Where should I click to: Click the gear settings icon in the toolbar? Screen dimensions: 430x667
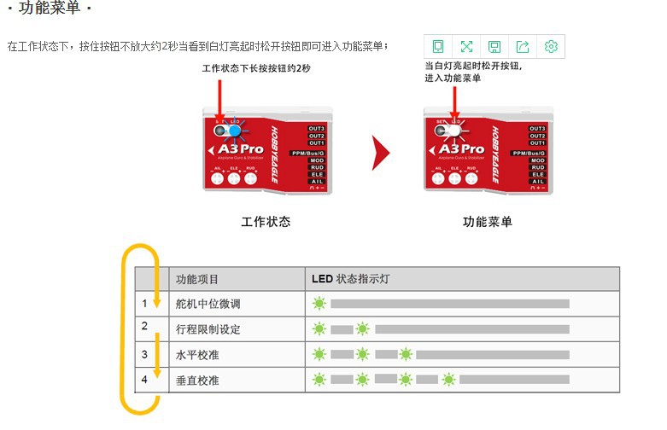click(x=551, y=46)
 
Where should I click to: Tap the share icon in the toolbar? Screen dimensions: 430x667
click(x=523, y=46)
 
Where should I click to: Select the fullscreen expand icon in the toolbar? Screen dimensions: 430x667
click(x=466, y=46)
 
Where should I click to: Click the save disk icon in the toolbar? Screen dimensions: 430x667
click(x=494, y=46)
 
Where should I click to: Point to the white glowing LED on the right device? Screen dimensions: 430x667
click(x=455, y=131)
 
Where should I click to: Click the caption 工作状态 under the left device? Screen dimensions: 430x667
click(x=266, y=222)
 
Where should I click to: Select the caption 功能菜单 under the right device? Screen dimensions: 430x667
click(x=488, y=222)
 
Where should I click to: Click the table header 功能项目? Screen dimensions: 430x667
click(x=197, y=279)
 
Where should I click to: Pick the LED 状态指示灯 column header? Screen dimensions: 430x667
click(x=352, y=279)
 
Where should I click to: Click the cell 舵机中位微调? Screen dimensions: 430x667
click(x=208, y=304)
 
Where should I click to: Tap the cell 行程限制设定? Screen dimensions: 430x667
click(x=208, y=328)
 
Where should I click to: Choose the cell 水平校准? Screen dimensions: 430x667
click(x=197, y=354)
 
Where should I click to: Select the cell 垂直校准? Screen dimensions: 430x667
click(x=197, y=380)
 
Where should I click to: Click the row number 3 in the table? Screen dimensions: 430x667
click(x=145, y=353)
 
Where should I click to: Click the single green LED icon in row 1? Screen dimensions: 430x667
click(x=319, y=303)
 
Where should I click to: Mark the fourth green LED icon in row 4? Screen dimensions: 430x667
click(x=448, y=380)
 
